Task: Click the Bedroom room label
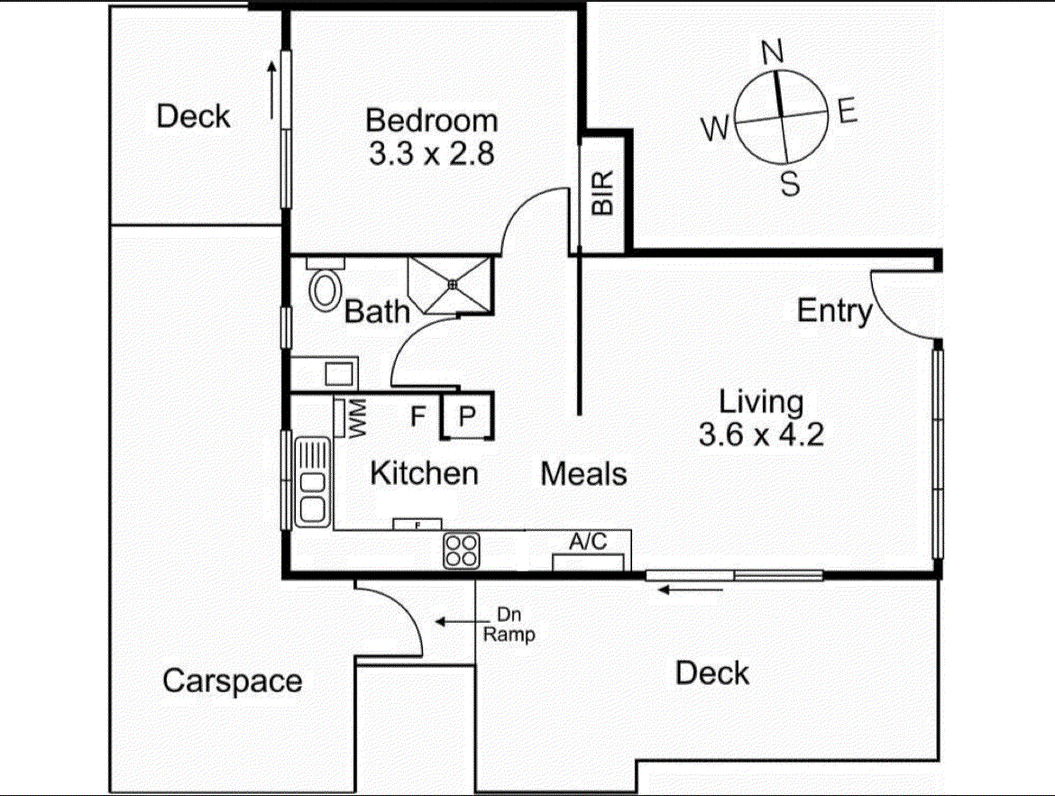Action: tap(431, 120)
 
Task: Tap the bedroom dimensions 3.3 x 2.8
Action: tap(431, 154)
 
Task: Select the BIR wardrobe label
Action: tap(602, 193)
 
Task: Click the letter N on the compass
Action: tap(773, 53)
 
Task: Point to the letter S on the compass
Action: tap(790, 185)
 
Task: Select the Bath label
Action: tap(378, 312)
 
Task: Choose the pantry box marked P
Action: tap(468, 416)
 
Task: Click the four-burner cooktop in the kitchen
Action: tap(462, 550)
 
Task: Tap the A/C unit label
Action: tap(588, 542)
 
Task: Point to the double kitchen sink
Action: tap(313, 480)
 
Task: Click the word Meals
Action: tap(583, 473)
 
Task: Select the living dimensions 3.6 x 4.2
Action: tap(761, 435)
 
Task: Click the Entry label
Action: tap(835, 311)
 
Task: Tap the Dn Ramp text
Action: tap(509, 627)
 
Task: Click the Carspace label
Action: tap(232, 681)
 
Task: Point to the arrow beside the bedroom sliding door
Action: tap(271, 90)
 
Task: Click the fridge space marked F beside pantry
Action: tap(417, 416)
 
